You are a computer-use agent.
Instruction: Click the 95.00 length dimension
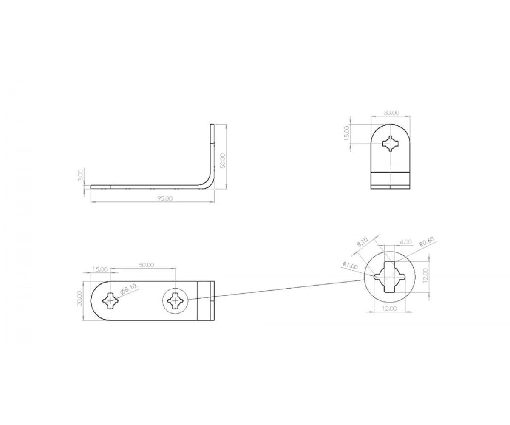click(x=165, y=198)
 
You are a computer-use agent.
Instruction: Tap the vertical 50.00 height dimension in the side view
click(x=223, y=161)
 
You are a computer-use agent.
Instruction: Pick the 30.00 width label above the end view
click(x=391, y=113)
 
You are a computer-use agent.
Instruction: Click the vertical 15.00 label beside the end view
click(x=347, y=133)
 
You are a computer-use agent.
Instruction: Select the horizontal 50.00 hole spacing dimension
click(x=147, y=265)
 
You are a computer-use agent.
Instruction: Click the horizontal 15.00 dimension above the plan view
click(x=100, y=269)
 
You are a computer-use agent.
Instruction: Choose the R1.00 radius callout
click(x=350, y=266)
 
